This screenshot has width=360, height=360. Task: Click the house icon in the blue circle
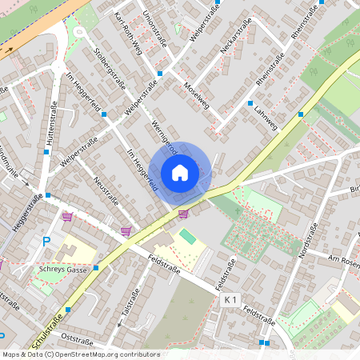(180, 172)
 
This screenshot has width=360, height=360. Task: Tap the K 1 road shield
(230, 298)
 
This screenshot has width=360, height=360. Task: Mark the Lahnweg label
(265, 115)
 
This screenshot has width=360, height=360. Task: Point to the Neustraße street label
(106, 191)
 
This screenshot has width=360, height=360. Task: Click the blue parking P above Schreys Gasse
(46, 241)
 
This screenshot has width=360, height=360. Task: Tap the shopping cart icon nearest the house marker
(183, 214)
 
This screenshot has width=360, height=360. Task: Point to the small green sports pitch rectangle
(187, 237)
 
